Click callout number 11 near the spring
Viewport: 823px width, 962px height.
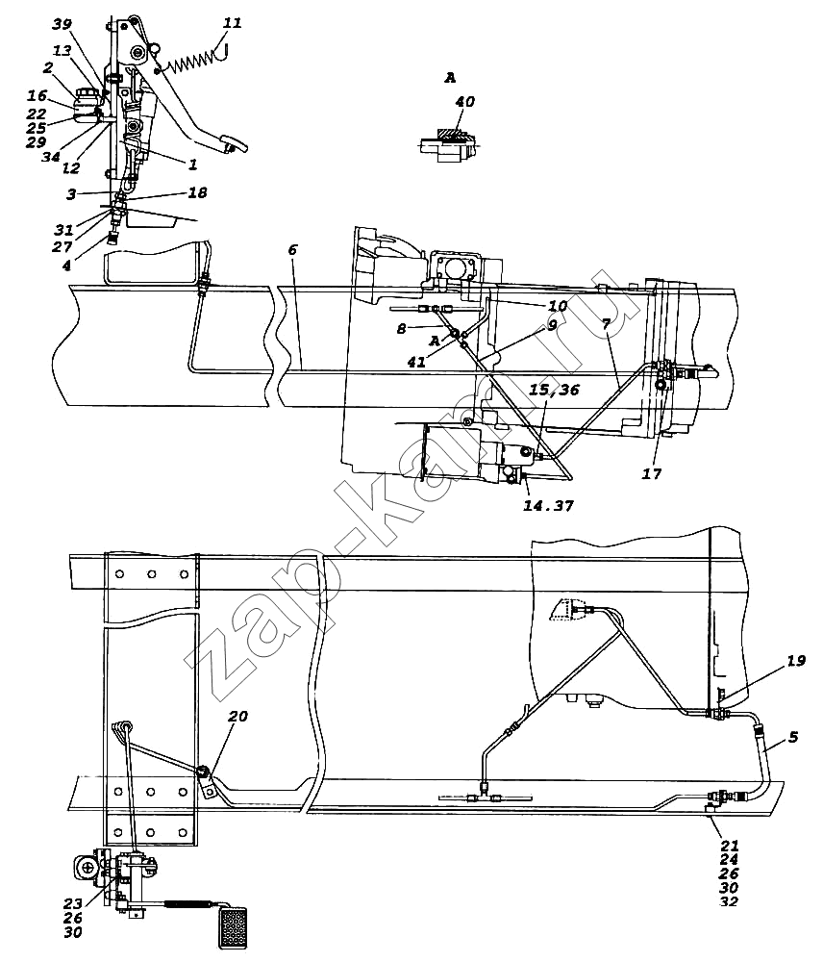[232, 23]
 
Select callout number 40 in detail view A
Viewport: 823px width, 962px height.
[464, 101]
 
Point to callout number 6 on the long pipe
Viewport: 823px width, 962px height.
[292, 250]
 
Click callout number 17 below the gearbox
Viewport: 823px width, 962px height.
[652, 473]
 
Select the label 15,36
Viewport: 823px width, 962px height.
[554, 391]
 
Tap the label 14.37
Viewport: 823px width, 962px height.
[548, 506]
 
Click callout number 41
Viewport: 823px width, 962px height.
[416, 362]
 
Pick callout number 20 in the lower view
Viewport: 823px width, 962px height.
[237, 716]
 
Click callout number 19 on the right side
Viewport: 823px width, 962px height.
[795, 661]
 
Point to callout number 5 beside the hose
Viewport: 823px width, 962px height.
[793, 736]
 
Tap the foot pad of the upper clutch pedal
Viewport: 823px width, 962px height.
[236, 145]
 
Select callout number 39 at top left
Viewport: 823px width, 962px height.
[62, 24]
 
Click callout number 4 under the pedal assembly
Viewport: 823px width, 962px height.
[67, 266]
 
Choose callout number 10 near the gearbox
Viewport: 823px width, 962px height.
[558, 306]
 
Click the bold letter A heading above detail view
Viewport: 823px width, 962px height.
[450, 77]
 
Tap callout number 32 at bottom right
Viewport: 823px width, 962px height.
[729, 901]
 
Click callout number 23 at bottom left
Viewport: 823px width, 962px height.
[72, 903]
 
